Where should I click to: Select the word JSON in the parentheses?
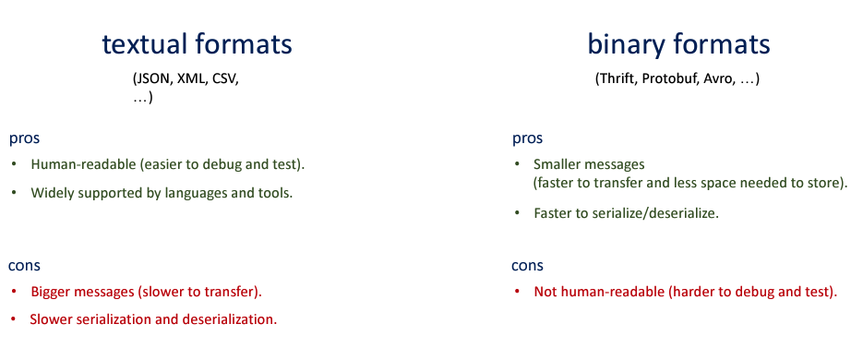tap(153, 78)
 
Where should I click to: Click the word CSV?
tap(223, 78)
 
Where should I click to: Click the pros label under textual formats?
tap(24, 139)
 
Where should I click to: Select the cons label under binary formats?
tap(527, 266)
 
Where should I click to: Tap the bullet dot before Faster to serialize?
tap(517, 213)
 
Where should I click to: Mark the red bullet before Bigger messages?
tap(14, 291)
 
